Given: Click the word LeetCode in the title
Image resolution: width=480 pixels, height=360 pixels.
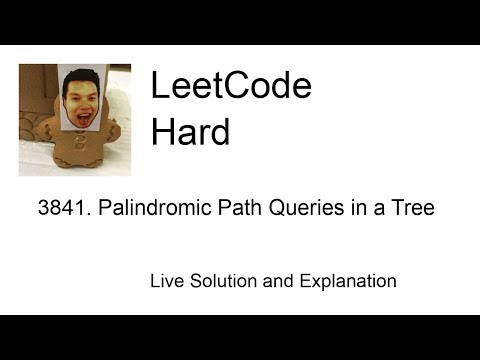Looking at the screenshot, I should [231, 87].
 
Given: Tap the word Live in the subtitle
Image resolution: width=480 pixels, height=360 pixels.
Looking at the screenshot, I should [166, 281].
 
